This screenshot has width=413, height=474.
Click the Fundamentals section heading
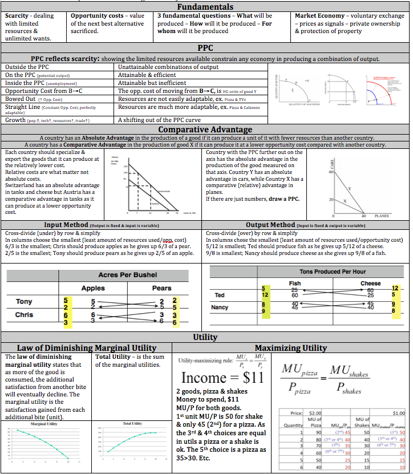coord(205,6)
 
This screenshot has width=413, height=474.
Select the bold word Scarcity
coord(17,15)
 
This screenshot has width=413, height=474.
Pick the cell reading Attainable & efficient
coord(147,75)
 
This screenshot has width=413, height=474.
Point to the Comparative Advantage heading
coord(205,129)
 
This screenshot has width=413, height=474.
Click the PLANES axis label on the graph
coord(381,216)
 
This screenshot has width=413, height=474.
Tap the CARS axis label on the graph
coord(315,163)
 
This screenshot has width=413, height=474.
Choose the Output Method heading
coord(270,225)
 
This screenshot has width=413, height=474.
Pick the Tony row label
coord(24,301)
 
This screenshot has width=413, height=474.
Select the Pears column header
coord(161,289)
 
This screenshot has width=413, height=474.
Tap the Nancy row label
coord(220,307)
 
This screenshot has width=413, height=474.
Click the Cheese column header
coord(371,283)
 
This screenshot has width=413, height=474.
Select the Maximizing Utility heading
coord(290,347)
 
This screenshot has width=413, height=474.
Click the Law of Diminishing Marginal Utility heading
coord(87,347)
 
